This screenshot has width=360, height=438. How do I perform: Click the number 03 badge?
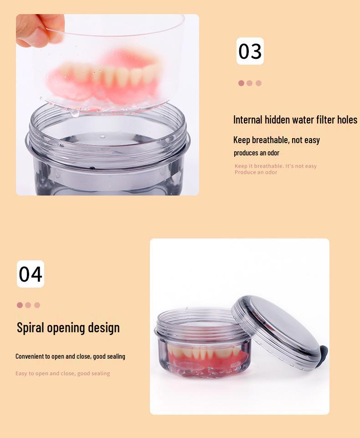point(250,51)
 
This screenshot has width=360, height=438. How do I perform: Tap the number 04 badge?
point(31,274)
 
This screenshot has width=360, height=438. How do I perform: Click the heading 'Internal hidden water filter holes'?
point(295,120)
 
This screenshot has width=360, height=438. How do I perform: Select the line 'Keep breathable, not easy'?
point(277,140)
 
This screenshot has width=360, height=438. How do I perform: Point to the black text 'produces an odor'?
point(257,153)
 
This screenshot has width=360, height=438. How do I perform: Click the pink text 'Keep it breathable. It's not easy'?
point(275,166)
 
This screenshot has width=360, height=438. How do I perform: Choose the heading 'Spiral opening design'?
point(68,328)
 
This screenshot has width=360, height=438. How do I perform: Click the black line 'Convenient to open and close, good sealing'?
point(70,356)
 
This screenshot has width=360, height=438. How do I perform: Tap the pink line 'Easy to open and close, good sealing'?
point(62,373)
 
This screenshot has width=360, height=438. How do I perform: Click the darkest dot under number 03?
point(241,83)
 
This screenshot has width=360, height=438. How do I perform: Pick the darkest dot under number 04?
point(20,305)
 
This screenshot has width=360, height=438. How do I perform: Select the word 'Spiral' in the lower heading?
point(31,328)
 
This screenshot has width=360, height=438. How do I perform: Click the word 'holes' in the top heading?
point(347,120)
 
